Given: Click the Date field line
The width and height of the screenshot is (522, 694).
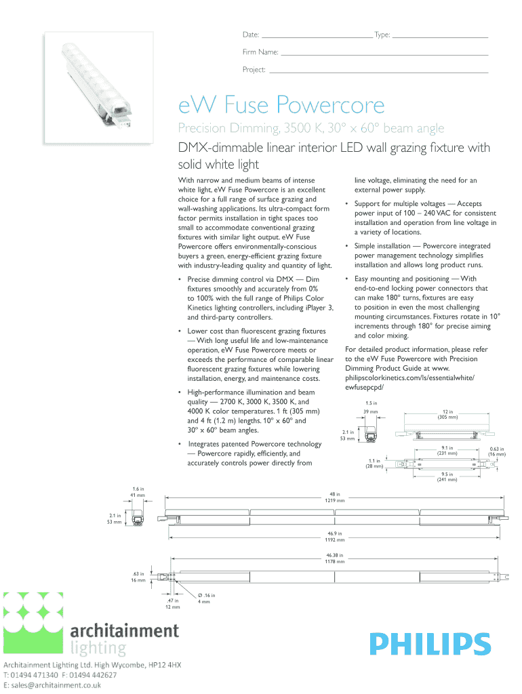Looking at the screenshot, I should pos(316,35).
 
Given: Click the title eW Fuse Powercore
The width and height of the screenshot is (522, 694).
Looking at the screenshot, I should pos(281,105).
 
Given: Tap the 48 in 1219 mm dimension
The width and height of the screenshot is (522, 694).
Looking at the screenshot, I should pos(334,497).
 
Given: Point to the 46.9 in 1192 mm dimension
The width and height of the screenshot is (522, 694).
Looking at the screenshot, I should pos(334,537).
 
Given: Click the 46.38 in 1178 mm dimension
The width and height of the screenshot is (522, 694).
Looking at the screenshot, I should pos(334,558).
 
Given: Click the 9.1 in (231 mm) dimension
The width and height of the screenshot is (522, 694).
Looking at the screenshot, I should pos(447,450).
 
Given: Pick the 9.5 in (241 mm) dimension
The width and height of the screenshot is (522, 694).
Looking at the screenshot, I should pos(447,476).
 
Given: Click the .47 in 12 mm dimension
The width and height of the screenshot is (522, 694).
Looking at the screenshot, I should pos(172,603).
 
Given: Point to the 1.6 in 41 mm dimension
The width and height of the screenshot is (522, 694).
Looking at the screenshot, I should pos(138,492).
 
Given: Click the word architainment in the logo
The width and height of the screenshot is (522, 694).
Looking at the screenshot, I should pos(125,631).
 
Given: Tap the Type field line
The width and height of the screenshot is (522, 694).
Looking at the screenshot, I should pos(441,35).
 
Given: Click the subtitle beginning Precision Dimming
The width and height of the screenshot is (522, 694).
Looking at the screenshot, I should pos(310,128).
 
